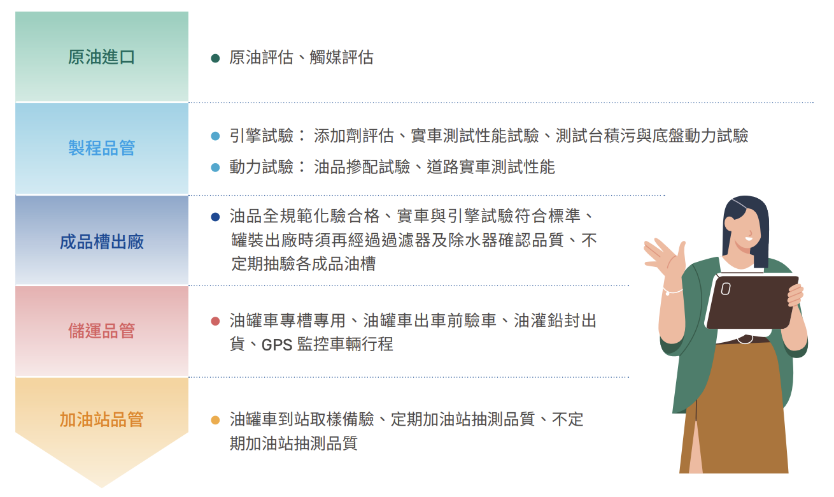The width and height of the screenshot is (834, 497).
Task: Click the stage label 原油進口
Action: tap(101, 57)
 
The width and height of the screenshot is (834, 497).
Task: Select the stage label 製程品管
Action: tap(101, 148)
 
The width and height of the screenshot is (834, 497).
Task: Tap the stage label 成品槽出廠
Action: tap(101, 241)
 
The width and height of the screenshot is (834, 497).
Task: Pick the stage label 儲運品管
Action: tap(101, 331)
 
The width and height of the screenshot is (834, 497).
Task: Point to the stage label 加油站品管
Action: tap(101, 419)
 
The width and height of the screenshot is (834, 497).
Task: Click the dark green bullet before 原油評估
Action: tap(215, 58)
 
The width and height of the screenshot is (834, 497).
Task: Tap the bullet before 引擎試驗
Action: tap(215, 136)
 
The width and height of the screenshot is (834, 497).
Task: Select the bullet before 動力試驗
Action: tap(215, 168)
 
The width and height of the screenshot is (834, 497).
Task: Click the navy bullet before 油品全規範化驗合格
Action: tap(215, 217)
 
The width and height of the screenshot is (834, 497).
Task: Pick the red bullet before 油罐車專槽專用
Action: tap(215, 321)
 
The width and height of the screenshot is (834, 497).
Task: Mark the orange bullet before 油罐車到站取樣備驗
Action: tap(215, 421)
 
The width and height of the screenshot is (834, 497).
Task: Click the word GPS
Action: tap(277, 345)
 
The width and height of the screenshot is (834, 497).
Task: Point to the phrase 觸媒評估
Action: tap(341, 58)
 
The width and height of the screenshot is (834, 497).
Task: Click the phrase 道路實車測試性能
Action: tap(491, 167)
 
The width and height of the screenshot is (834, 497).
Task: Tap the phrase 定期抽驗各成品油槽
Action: tap(304, 264)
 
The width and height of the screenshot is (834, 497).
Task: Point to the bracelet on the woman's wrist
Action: tap(672, 291)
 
